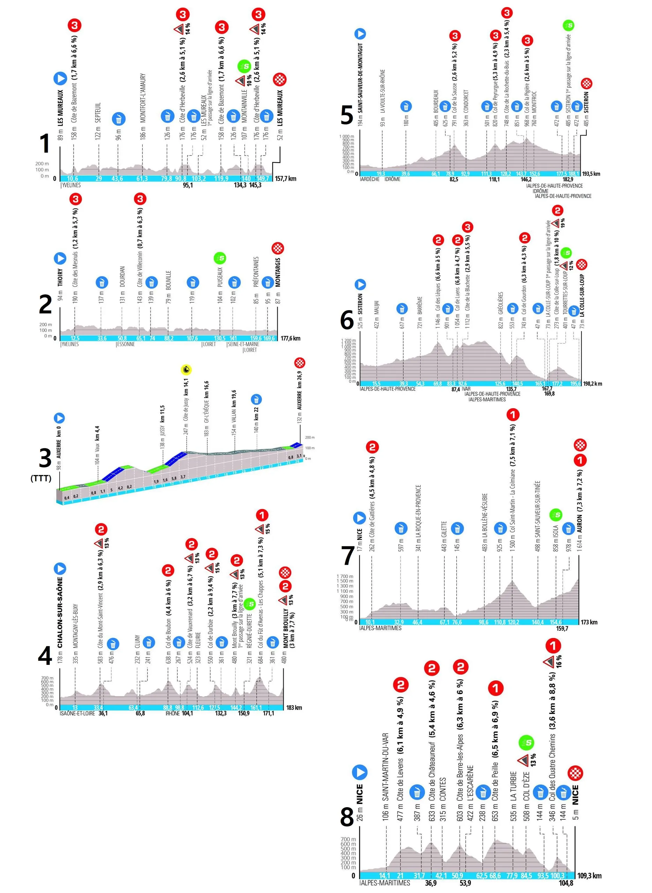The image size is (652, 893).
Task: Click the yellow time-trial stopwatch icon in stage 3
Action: (x=186, y=370)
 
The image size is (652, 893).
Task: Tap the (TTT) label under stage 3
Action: (x=41, y=479)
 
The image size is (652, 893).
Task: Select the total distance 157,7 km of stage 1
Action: (x=285, y=179)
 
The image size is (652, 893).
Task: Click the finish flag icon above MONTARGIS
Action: (x=278, y=249)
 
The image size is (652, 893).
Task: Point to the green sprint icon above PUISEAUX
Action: (x=220, y=258)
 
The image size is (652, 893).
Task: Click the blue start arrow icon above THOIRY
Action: (x=60, y=258)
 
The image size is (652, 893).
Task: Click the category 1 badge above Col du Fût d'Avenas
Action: (x=262, y=515)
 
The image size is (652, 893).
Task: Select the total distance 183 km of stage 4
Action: (x=294, y=707)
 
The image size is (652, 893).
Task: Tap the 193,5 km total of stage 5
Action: (x=591, y=174)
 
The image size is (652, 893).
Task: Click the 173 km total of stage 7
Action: (x=589, y=622)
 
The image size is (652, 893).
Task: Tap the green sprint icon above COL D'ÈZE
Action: (x=527, y=743)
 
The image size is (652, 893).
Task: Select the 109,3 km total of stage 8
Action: (x=590, y=876)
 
